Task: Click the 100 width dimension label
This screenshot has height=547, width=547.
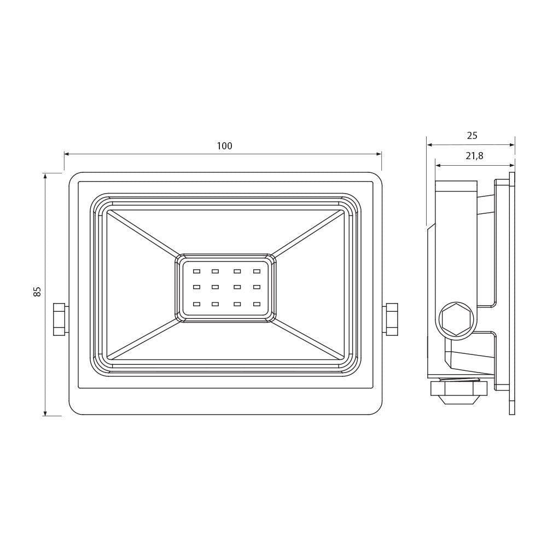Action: [224, 146]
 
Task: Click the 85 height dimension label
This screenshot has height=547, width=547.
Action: [37, 292]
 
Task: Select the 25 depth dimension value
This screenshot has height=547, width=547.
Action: [472, 135]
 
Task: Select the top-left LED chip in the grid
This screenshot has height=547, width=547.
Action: [196, 271]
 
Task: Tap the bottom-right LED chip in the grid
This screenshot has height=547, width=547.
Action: [257, 304]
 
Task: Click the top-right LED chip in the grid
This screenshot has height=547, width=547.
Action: [257, 271]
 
